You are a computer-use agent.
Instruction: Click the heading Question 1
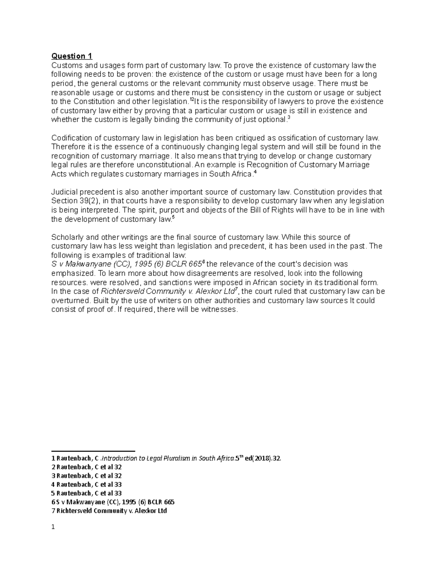pos(72,56)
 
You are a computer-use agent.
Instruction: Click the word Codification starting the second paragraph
pos(71,138)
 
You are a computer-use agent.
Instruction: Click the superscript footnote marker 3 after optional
pos(288,118)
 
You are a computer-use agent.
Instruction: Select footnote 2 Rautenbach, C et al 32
pos(87,467)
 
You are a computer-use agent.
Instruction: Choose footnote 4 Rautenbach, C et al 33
pos(87,485)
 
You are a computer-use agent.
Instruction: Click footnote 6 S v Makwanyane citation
pos(113,502)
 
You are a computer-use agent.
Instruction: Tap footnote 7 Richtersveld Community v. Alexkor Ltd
pos(109,511)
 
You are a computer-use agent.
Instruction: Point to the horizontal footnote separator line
pos(93,451)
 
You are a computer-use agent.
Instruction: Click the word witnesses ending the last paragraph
pos(220,310)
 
